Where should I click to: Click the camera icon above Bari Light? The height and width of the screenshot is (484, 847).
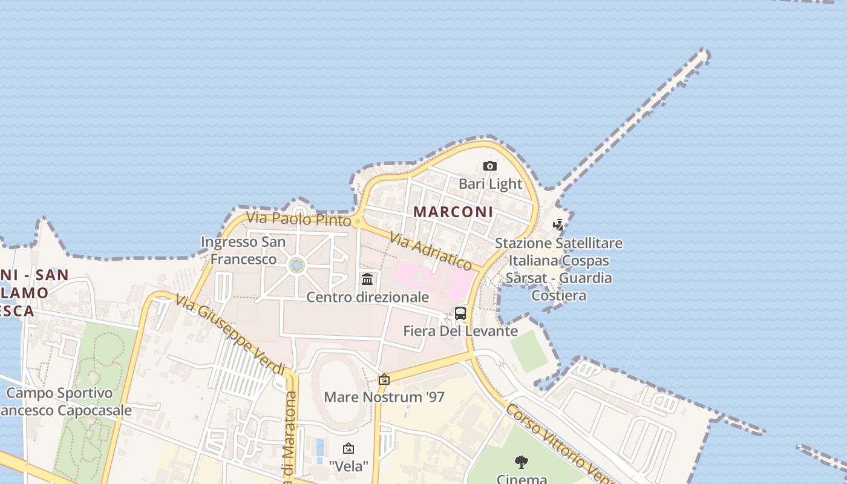pos(490,166)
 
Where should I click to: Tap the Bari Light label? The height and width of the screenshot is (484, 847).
pos(490,183)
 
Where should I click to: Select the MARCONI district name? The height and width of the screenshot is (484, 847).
pos(453,212)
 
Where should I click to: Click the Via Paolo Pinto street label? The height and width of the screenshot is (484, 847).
pos(298,218)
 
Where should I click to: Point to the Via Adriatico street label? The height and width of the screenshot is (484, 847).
pos(430,251)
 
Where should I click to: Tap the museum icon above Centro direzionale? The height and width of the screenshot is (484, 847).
pos(367,279)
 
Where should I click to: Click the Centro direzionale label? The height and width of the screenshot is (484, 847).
pos(367,297)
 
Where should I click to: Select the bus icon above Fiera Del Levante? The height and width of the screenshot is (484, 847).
pos(460,313)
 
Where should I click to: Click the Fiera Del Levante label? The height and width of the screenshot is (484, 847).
pos(460,331)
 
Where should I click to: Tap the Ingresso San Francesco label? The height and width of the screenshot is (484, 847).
pos(243,250)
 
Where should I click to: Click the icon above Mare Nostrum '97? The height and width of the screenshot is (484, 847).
pos(384,379)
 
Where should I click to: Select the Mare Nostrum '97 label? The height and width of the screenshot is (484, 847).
pos(384,397)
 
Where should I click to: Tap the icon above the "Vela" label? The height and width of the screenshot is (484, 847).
pos(348,448)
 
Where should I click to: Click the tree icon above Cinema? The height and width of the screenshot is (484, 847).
pos(522,463)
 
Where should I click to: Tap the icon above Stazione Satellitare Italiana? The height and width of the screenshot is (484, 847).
pos(558,225)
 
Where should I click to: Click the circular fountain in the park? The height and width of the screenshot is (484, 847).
pos(296,265)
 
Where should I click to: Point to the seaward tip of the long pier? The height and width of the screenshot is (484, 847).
pos(704,55)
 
